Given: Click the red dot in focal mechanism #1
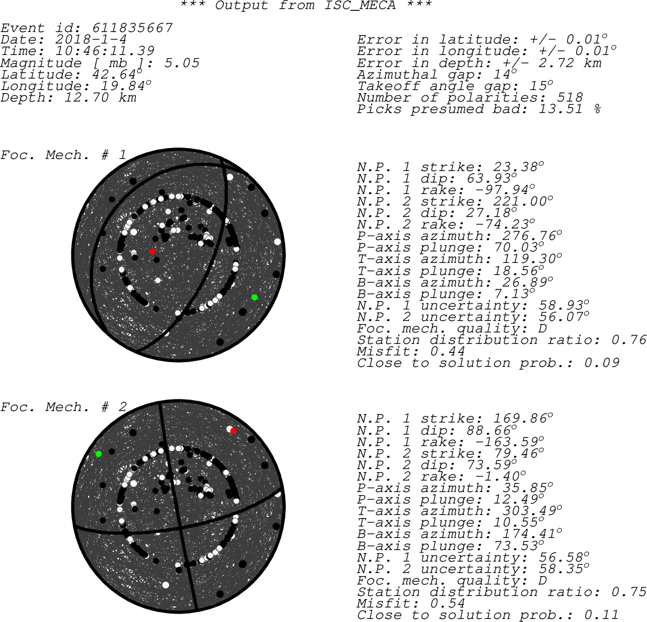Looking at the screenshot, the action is point(152,251).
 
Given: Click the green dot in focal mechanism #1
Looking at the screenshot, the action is point(254,297).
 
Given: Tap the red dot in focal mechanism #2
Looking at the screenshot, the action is point(233,431).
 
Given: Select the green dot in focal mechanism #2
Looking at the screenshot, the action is point(98,454).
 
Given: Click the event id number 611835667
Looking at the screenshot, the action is point(132,28).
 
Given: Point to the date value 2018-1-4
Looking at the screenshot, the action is point(91,40).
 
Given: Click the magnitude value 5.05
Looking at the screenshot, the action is point(182,63).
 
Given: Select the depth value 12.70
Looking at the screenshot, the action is point(86,97).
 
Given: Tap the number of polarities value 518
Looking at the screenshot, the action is point(569,97).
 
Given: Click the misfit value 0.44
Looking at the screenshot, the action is point(447,352).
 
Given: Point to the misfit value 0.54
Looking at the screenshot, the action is point(447,603).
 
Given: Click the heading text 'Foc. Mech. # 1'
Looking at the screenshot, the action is point(63,155).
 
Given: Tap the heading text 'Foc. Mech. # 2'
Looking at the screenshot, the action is point(63,407).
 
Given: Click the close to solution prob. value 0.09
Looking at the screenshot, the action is point(602,363).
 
